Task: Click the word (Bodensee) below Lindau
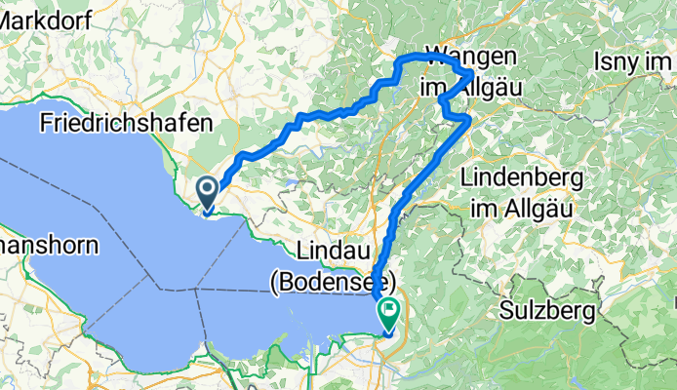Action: (333, 283)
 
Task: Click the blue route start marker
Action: (208, 190)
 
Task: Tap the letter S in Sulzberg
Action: (505, 312)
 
